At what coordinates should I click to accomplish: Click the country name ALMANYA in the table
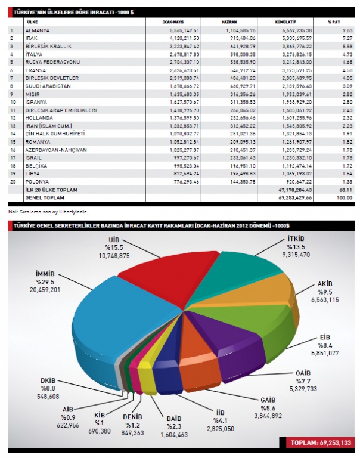38,30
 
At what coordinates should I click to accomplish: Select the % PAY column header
333,21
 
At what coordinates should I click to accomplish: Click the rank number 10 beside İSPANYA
11,102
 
